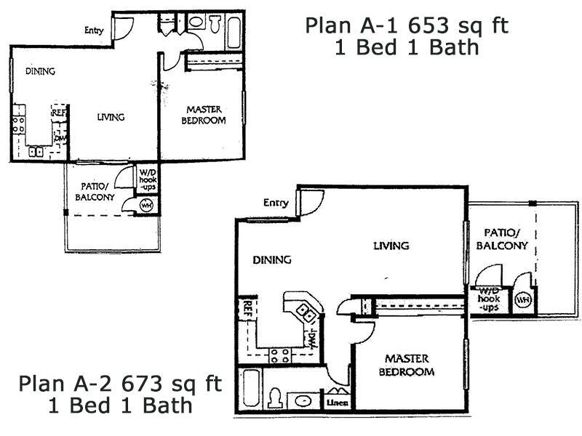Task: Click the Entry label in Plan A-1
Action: [x=94, y=31]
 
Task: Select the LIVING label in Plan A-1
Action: [x=111, y=117]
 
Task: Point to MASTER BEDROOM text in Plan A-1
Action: [x=204, y=116]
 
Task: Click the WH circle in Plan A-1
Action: [x=146, y=206]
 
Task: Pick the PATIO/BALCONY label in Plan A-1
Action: [x=95, y=191]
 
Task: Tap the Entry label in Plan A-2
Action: [x=276, y=203]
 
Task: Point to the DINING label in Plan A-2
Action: [x=271, y=259]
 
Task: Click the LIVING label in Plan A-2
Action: [x=391, y=246]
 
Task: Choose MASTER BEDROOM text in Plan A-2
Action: [x=409, y=366]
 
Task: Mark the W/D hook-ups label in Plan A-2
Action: [x=490, y=299]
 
